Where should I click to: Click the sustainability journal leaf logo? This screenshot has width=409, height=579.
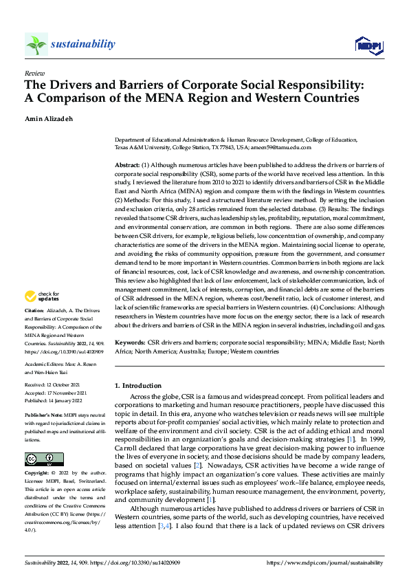point(36,45)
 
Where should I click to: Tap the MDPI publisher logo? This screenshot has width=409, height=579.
point(368,45)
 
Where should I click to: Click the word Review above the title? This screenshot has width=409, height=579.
point(34,72)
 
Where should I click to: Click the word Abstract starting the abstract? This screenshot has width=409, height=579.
point(126,166)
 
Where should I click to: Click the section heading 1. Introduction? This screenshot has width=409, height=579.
point(138,386)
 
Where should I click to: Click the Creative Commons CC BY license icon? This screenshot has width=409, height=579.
point(43,460)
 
